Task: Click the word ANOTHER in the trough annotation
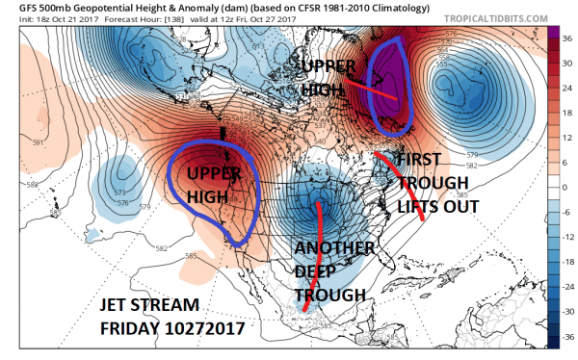click(x=334, y=248)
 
